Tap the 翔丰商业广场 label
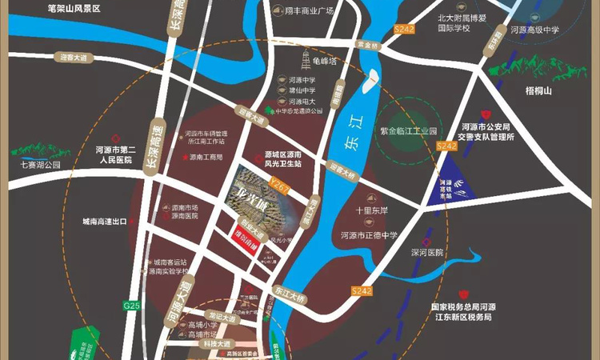pyautogui.click(x=309, y=12)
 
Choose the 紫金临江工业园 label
pyautogui.click(x=410, y=130)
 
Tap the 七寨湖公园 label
pyautogui.click(x=30, y=165)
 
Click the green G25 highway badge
pyautogui.click(x=130, y=305)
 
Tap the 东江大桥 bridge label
pyautogui.click(x=289, y=293)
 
